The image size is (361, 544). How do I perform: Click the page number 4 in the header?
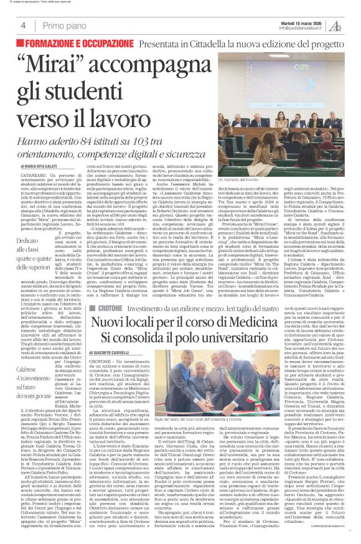[x=23, y=25]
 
